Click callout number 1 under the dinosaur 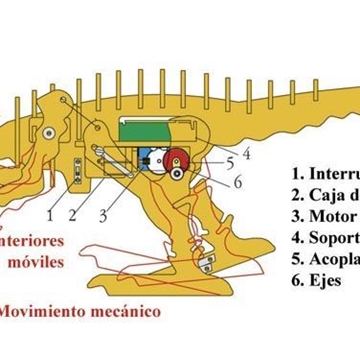tap(49, 213)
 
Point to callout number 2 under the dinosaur tap(73, 213)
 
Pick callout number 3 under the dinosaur tap(102, 213)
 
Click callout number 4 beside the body tap(245, 154)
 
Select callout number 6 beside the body tap(238, 181)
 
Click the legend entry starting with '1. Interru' tap(324, 171)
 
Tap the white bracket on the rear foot tap(207, 265)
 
